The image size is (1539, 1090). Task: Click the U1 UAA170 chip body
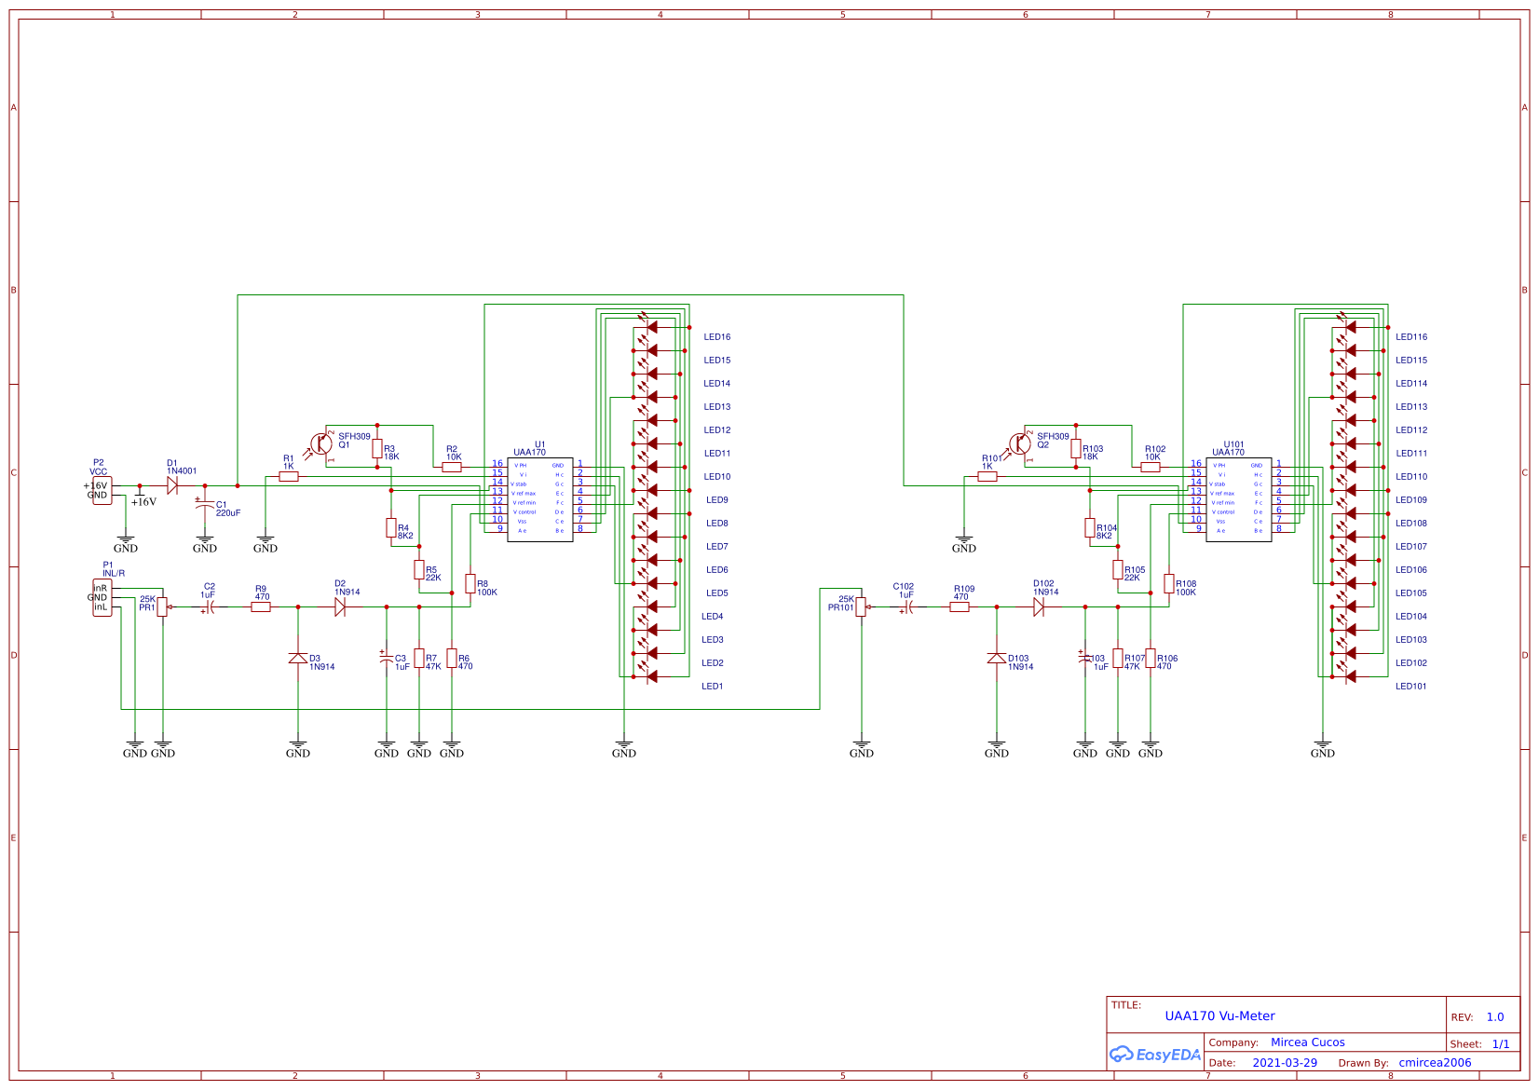[x=539, y=499]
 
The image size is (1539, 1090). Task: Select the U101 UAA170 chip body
[x=1238, y=499]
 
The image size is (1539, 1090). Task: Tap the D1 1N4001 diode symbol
[x=172, y=485]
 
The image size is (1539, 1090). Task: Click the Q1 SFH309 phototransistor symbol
[x=320, y=444]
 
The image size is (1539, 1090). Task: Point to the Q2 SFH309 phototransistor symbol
[x=1019, y=444]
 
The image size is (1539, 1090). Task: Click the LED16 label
[x=716, y=337]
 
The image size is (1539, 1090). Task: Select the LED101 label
[x=1410, y=687]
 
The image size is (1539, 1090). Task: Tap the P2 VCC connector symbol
[x=102, y=490]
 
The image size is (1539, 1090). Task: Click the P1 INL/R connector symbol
[x=102, y=598]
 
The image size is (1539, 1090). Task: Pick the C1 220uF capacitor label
[x=227, y=509]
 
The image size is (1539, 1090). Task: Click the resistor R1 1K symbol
[x=289, y=477]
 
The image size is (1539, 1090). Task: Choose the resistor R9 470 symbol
[x=261, y=606]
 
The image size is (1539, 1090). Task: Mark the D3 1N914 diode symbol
[x=298, y=658]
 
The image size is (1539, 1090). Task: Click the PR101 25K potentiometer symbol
[x=861, y=606]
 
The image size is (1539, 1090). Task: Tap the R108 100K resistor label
[x=1185, y=588]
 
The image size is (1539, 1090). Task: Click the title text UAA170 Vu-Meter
[x=1219, y=1016]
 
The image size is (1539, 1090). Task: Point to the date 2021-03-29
[x=1284, y=1063]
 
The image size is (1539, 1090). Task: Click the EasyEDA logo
[x=1154, y=1055]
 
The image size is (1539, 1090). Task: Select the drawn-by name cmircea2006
[x=1435, y=1063]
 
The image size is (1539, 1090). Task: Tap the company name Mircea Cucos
[x=1307, y=1042]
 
